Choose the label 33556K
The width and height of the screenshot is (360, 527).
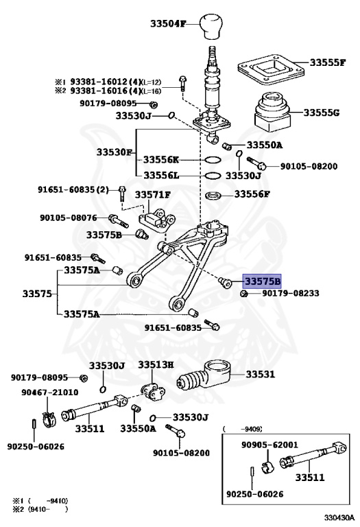click(161, 159)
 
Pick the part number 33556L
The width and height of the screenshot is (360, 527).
click(161, 175)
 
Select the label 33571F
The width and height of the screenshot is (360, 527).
click(152, 195)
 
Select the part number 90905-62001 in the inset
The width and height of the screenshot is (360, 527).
click(269, 444)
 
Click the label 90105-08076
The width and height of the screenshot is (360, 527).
click(68, 218)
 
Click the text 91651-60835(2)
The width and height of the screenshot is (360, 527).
click(73, 189)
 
